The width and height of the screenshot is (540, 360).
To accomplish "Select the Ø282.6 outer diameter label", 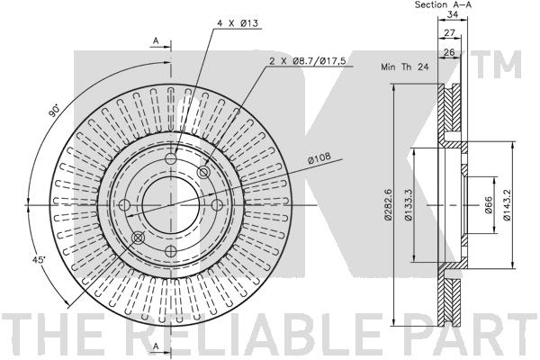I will tap(387, 204).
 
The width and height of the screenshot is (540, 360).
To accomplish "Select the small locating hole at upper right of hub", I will tap(203, 171).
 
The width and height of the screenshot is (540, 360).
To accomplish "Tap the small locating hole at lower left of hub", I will tap(137, 237).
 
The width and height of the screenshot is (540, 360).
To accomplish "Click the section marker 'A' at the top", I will tap(156, 40).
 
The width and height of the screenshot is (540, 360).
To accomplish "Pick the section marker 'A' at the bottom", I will tap(156, 346).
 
